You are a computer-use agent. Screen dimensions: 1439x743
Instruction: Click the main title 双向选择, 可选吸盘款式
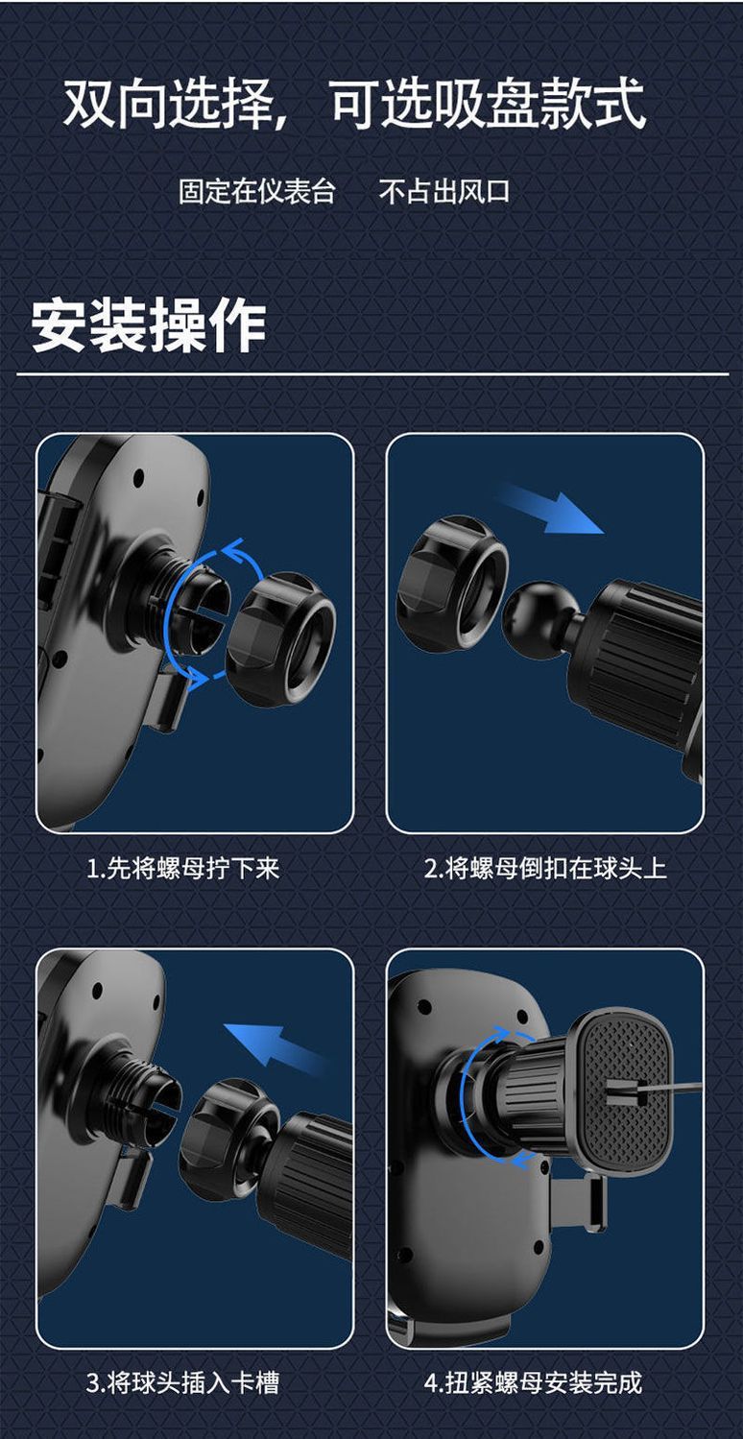[x=354, y=105]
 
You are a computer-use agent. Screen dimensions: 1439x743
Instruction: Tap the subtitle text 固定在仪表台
[x=257, y=191]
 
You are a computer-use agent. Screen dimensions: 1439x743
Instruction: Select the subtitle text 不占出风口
[x=444, y=191]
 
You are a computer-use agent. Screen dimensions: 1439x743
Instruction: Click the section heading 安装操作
[x=149, y=324]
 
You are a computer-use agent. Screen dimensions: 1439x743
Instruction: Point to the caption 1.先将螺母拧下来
[x=183, y=869]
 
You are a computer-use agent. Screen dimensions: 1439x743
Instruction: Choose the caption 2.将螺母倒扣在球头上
[x=545, y=869]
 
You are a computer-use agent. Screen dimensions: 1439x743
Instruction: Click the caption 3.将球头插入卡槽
[x=183, y=1382]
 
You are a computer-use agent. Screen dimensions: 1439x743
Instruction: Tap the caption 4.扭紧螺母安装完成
[x=533, y=1382]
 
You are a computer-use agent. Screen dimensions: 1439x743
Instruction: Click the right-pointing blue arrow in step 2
[x=550, y=508]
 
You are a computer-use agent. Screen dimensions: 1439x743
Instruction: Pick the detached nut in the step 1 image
[x=281, y=638]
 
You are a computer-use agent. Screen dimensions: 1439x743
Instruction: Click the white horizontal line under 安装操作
[x=371, y=373]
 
